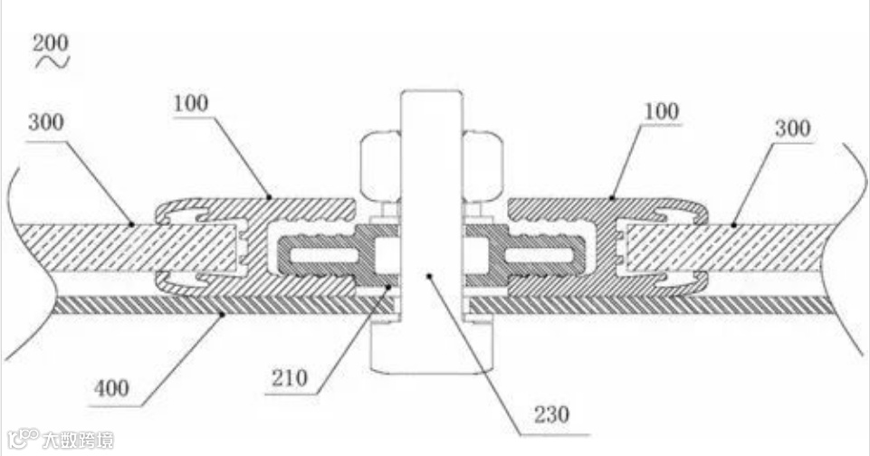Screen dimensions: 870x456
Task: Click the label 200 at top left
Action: (50, 43)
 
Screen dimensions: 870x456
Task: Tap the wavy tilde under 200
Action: (52, 62)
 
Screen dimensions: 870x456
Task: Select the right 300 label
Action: (792, 128)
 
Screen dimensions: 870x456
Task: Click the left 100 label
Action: (190, 102)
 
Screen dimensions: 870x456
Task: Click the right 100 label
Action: (662, 112)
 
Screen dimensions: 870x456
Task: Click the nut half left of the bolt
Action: (378, 166)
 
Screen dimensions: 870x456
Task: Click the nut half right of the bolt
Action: (483, 166)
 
